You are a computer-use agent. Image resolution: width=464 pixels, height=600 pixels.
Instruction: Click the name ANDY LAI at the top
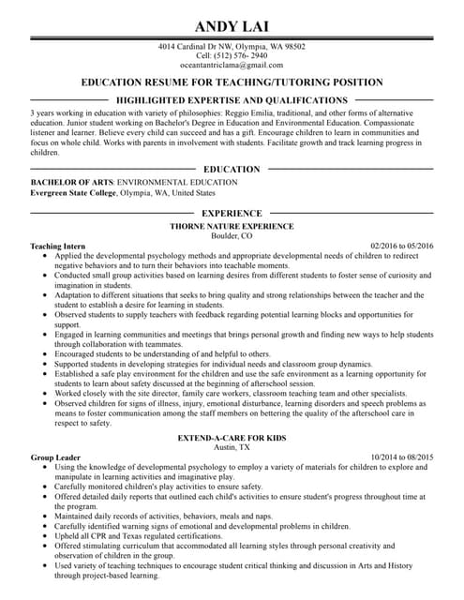pos(232,24)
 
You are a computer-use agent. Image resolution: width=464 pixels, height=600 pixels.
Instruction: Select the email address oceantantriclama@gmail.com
pos(232,65)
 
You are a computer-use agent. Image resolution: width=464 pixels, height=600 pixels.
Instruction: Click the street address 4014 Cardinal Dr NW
pos(195,46)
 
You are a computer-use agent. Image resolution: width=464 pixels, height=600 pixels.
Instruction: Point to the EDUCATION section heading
pos(232,169)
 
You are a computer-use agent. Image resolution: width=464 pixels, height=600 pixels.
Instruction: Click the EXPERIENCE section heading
pos(232,214)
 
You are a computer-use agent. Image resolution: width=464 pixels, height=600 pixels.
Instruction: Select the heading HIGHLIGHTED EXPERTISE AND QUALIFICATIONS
pos(232,99)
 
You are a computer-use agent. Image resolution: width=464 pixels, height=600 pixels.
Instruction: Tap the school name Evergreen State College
pos(74,191)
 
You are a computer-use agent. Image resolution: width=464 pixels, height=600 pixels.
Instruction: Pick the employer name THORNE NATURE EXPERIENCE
pos(232,226)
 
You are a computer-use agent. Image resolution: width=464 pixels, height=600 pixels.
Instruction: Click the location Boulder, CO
pos(232,235)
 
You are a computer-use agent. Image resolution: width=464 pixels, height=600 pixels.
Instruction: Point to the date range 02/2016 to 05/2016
pos(402,246)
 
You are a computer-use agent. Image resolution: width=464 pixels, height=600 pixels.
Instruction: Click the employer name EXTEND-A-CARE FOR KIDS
pos(232,439)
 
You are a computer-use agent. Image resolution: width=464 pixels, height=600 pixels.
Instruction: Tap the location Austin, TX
pos(232,448)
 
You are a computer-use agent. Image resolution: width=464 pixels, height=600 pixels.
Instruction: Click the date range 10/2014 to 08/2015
pos(402,457)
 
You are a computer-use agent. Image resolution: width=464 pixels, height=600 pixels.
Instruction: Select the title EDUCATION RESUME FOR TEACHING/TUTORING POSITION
pos(232,82)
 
